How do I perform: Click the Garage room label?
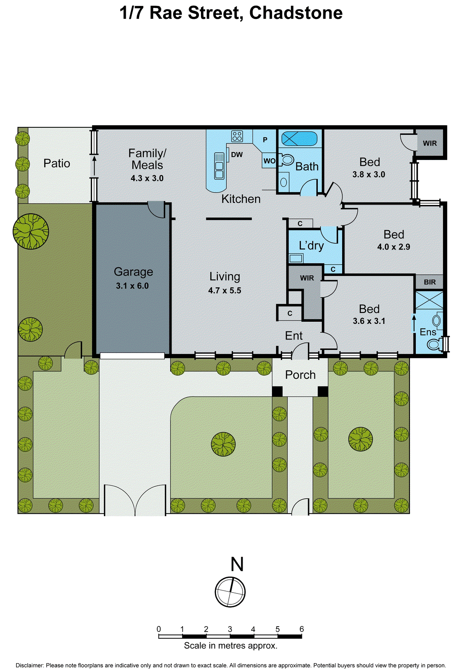[x=133, y=272]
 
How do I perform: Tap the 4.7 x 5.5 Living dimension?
[x=224, y=290]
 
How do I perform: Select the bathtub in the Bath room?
[x=299, y=138]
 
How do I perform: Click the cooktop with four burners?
[x=237, y=136]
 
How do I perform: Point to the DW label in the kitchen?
[x=237, y=155]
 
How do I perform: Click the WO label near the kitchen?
[x=269, y=161]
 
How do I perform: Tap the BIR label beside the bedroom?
[x=430, y=282]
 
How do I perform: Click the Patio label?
[x=57, y=163]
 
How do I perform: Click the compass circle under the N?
[x=230, y=591]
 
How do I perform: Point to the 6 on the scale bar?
[x=301, y=629]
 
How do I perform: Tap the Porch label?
[x=300, y=375]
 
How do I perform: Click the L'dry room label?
[x=311, y=245]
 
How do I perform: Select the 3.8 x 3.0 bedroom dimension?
[x=369, y=174]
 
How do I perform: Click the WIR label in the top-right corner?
[x=430, y=143]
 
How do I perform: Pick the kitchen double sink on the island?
[x=219, y=165]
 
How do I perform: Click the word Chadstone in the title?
[x=296, y=13]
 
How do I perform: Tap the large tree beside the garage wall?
[x=31, y=231]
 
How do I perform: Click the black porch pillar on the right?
[x=322, y=391]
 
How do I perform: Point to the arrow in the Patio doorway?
[x=94, y=164]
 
